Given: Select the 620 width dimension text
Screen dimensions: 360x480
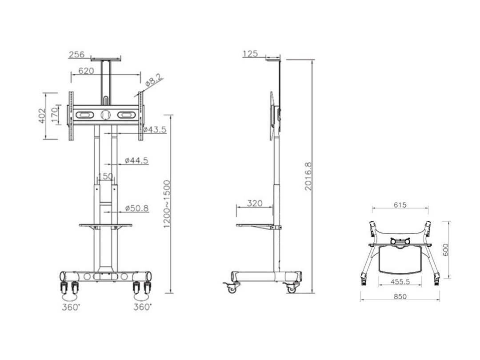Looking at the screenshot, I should pos(86,71).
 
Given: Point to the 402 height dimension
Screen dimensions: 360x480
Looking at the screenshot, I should pos(41,116).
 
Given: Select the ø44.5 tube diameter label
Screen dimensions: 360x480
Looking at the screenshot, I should pos(136,160).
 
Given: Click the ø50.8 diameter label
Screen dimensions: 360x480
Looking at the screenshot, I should pos(136,208).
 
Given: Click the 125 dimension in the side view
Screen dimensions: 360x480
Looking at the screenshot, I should pos(251,54).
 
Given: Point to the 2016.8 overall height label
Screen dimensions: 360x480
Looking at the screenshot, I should pos(308,176).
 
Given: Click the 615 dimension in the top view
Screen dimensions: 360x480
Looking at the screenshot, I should pos(400,205).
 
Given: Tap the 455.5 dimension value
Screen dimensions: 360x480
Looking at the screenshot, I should pos(401,281).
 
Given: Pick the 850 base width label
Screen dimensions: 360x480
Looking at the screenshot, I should pos(400,297).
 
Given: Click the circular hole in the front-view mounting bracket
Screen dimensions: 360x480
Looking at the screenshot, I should pos(105,115).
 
